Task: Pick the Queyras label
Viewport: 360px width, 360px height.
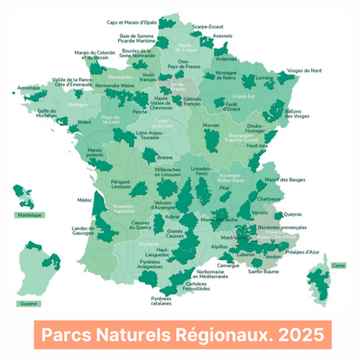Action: point(293,213)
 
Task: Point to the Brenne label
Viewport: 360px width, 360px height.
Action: point(165,158)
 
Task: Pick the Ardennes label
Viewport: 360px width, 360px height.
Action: point(226,58)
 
